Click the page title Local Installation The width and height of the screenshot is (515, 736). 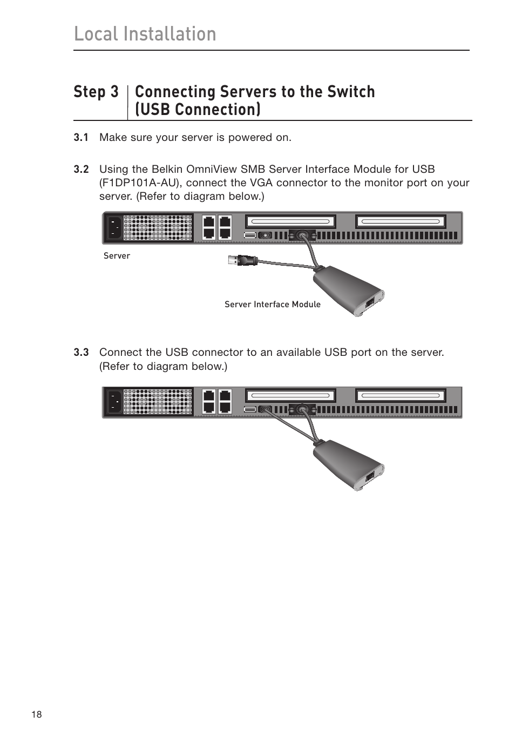(145, 33)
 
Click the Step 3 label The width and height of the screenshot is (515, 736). (96, 92)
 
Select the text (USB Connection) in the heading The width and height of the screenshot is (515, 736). (198, 110)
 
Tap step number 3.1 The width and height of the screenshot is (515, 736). (81, 138)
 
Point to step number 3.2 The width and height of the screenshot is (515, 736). (81, 170)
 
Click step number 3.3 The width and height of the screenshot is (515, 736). (81, 353)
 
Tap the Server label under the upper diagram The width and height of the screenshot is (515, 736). (117, 256)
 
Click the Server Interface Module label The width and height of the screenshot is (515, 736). (272, 305)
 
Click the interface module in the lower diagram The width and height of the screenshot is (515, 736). (348, 465)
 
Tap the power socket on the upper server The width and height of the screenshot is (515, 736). (114, 227)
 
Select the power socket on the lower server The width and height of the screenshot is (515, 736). (114, 402)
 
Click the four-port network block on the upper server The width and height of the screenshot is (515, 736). (216, 227)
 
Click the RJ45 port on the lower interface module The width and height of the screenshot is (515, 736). (370, 476)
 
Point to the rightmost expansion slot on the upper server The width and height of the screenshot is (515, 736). (400, 221)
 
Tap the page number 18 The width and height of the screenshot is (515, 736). (36, 714)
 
